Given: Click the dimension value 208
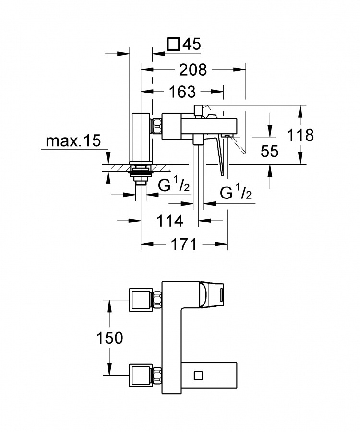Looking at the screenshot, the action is [x=193, y=70].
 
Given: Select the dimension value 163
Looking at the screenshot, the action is [x=182, y=92].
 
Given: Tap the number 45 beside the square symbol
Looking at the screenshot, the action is [x=192, y=44].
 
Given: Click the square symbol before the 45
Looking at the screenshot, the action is [x=173, y=44].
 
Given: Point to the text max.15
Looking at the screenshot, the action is [x=73, y=141].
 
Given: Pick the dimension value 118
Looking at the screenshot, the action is [x=300, y=135].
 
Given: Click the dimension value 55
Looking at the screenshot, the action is [x=269, y=151].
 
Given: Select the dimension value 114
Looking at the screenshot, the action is [x=169, y=221].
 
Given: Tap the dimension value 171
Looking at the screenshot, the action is [x=184, y=244].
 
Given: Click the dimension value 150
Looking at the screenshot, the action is [x=109, y=338].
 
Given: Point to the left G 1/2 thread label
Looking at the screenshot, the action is [x=174, y=186].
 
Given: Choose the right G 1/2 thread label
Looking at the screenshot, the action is [x=236, y=193].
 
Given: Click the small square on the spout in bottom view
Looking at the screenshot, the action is [x=198, y=375].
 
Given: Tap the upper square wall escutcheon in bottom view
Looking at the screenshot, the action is [x=141, y=300].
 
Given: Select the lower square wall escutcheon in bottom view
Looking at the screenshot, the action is [x=141, y=375].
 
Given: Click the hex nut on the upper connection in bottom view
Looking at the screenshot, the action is [x=157, y=300].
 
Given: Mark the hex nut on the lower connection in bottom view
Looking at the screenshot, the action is [x=157, y=375].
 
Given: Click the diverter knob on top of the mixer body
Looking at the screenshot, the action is [x=198, y=110].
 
